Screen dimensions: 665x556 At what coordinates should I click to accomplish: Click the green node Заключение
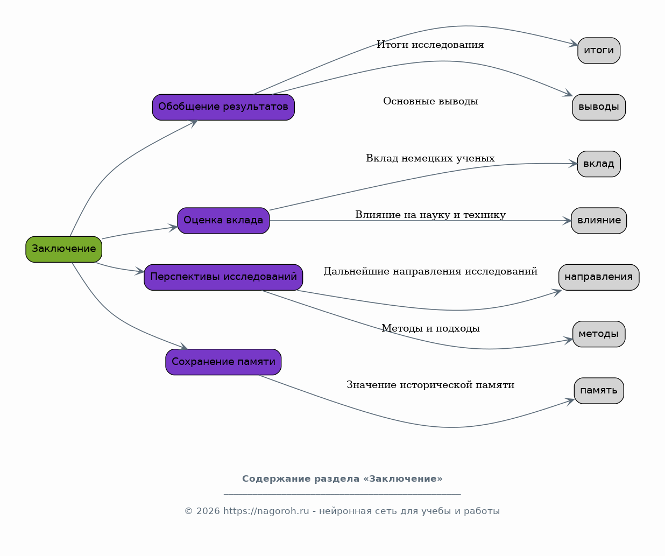click(63, 249)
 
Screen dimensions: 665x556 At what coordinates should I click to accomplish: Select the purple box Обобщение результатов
click(223, 107)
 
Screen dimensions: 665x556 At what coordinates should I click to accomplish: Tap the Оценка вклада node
click(223, 221)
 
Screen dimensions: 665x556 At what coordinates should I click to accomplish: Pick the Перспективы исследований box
click(223, 277)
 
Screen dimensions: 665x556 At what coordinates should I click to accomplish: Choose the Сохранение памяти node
click(223, 362)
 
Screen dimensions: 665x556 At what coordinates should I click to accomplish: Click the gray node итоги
click(599, 51)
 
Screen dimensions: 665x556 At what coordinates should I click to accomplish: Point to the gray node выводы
click(599, 107)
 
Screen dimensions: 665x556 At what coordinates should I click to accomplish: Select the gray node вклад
click(599, 164)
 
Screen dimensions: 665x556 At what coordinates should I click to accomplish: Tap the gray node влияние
click(599, 221)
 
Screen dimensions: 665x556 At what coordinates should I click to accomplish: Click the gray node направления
click(599, 277)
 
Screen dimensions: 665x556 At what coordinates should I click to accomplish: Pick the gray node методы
click(599, 334)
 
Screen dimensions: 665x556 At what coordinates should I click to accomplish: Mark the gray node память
click(599, 391)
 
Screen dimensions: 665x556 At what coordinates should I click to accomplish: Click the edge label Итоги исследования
click(430, 45)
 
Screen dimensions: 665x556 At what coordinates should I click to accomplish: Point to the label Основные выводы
click(430, 101)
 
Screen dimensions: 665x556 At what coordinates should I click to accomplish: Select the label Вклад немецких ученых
click(430, 158)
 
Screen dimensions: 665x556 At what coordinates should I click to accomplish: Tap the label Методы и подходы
click(430, 328)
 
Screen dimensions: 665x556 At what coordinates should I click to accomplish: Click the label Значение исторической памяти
click(430, 385)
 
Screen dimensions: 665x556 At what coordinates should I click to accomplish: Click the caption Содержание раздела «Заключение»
click(342, 478)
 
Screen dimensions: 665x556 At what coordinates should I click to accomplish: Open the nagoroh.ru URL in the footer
click(266, 511)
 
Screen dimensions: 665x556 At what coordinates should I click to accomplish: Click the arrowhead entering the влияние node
click(567, 221)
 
